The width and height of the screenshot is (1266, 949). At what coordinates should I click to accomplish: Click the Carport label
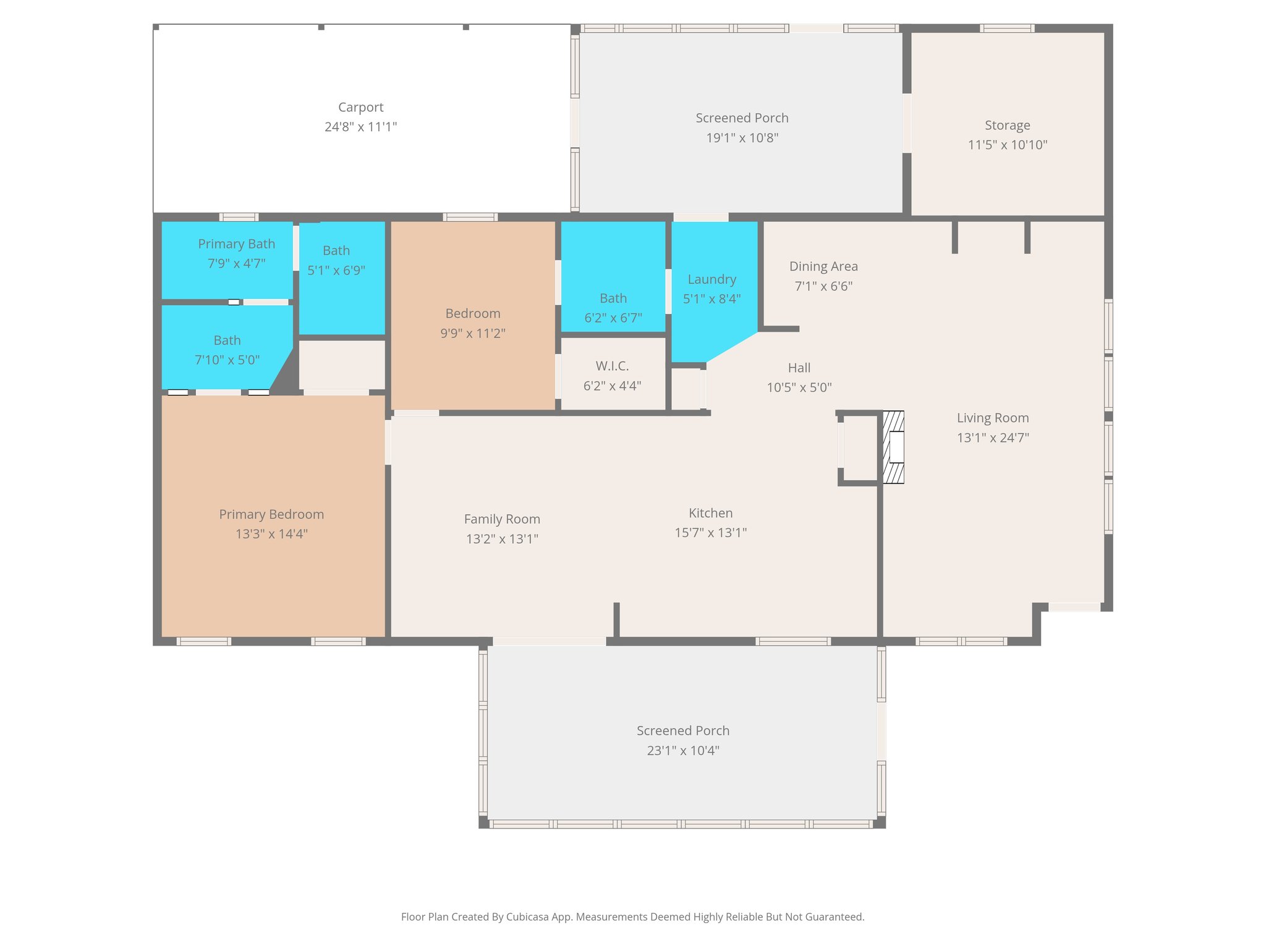pyautogui.click(x=360, y=108)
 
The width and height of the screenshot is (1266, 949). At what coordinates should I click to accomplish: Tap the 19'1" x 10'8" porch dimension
pyautogui.click(x=742, y=138)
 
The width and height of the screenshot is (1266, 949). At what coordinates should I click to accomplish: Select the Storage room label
pyautogui.click(x=1007, y=125)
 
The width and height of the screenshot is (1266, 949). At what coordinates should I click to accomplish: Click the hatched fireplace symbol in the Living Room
pyautogui.click(x=893, y=447)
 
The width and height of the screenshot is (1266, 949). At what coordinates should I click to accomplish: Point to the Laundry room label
pyautogui.click(x=712, y=279)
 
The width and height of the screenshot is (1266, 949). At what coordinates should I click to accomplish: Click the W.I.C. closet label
pyautogui.click(x=612, y=366)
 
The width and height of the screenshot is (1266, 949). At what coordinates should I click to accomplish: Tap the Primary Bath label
pyautogui.click(x=236, y=244)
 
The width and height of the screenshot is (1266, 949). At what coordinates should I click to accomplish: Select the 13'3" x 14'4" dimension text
pyautogui.click(x=271, y=534)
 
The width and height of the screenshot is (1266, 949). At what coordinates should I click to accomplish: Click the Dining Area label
pyautogui.click(x=823, y=266)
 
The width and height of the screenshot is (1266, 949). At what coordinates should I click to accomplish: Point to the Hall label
pyautogui.click(x=799, y=368)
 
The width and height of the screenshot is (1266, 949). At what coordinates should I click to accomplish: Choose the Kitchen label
pyautogui.click(x=710, y=513)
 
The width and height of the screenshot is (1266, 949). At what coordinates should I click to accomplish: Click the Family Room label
pyautogui.click(x=502, y=519)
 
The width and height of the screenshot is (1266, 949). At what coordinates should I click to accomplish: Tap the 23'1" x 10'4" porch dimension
pyautogui.click(x=683, y=751)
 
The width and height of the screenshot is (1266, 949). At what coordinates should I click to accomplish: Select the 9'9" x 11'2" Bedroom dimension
pyautogui.click(x=472, y=334)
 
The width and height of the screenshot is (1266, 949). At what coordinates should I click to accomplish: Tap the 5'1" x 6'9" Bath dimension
pyautogui.click(x=336, y=271)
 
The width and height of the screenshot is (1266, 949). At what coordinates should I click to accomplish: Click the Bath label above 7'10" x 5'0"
pyautogui.click(x=227, y=340)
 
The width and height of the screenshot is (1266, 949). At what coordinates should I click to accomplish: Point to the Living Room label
pyautogui.click(x=992, y=418)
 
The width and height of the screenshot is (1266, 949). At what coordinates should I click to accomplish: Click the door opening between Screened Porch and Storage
pyautogui.click(x=907, y=124)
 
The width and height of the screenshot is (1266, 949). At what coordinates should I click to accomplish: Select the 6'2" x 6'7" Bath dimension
pyautogui.click(x=613, y=318)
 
